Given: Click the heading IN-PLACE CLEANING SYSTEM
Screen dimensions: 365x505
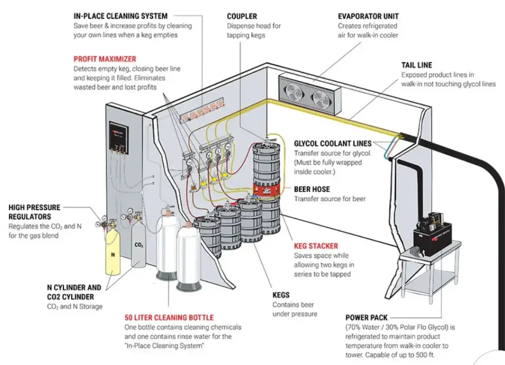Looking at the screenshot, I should click(x=120, y=16).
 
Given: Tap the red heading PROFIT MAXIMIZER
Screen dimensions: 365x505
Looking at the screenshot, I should click(x=105, y=59).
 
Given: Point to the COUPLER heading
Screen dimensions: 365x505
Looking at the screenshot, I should click(x=242, y=16).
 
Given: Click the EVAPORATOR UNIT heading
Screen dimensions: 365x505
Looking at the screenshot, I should click(x=368, y=16).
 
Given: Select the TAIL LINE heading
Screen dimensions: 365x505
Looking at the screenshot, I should click(x=416, y=65).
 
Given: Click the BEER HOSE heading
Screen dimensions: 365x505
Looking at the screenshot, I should click(x=312, y=189).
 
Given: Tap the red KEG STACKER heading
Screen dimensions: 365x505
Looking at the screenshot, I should click(x=316, y=246).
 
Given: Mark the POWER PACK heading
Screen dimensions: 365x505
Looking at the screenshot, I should click(x=366, y=318).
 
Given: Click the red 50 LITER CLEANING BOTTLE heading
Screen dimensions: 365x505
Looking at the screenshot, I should click(x=169, y=317).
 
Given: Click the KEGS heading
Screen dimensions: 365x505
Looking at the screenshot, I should click(x=281, y=295).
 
